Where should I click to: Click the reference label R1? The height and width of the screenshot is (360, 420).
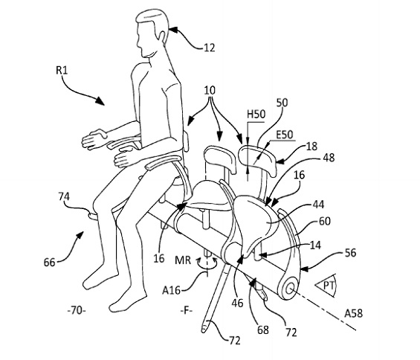click(62, 71)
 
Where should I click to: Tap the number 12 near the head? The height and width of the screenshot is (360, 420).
click(210, 48)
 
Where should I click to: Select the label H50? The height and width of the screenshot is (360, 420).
click(256, 115)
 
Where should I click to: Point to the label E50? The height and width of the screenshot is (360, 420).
click(285, 135)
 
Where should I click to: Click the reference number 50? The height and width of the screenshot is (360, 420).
click(282, 103)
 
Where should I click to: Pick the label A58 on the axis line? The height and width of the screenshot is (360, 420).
click(353, 313)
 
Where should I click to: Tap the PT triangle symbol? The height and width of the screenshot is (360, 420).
click(325, 286)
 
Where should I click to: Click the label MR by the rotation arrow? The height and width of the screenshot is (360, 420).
click(183, 260)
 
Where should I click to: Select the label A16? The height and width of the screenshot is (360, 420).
click(172, 290)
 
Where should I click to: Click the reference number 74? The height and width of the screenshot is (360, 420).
click(64, 197)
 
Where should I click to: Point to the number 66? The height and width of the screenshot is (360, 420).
click(49, 262)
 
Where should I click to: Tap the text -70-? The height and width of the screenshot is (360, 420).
click(77, 311)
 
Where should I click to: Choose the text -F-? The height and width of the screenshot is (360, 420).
click(187, 311)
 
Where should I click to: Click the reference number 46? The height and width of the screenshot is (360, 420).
click(237, 303)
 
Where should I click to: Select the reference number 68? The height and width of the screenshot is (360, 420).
click(262, 330)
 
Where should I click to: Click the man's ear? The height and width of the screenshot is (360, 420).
click(162, 36)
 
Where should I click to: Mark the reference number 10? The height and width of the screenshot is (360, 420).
click(210, 90)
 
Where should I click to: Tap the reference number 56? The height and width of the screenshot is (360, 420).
click(350, 253)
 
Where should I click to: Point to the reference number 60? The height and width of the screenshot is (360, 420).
click(325, 222)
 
